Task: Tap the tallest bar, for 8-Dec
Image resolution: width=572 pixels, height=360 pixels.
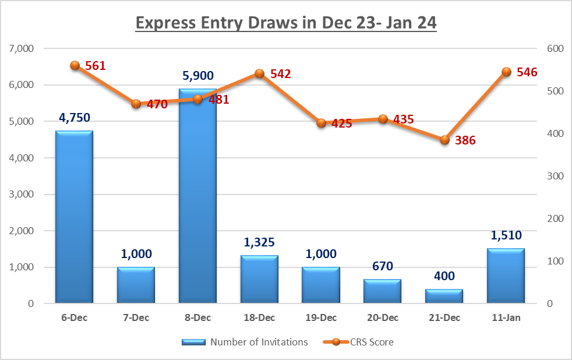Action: tap(197, 196)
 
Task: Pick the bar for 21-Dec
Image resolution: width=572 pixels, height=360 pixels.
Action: tap(444, 296)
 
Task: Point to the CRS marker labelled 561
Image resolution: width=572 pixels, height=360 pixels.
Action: tap(75, 66)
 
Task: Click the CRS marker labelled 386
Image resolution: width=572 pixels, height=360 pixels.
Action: tap(444, 140)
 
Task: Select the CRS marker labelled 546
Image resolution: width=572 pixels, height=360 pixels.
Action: tap(506, 72)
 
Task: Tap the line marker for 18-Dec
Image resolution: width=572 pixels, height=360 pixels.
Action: tap(259, 74)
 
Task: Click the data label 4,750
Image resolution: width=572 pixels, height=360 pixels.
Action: tap(75, 118)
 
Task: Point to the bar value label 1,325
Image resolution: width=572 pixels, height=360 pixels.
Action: tap(259, 242)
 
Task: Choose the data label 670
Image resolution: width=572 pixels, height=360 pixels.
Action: tap(382, 266)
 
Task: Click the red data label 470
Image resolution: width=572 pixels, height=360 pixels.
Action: tap(157, 105)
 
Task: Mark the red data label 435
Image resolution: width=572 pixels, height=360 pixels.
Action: tap(403, 119)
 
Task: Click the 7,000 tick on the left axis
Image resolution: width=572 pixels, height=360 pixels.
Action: tap(22, 48)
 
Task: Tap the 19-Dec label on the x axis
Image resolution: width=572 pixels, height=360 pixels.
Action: tap(321, 318)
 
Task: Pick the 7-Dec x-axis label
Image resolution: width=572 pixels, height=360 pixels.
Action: tap(136, 318)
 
